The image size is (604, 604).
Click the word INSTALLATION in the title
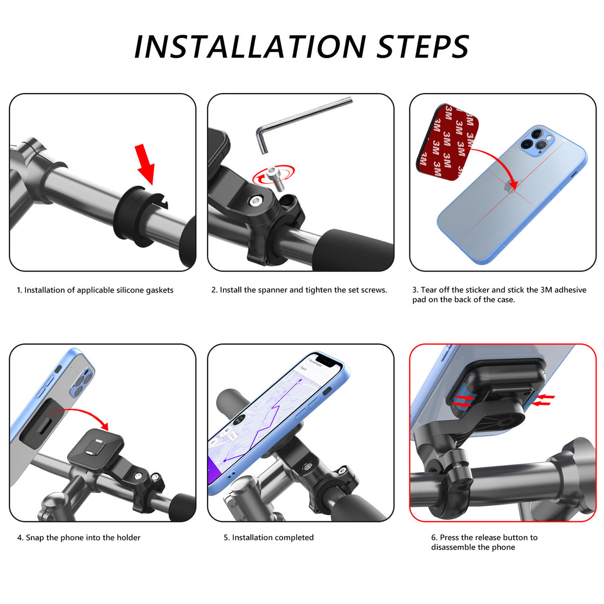click(x=250, y=46)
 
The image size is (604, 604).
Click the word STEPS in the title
click(x=422, y=46)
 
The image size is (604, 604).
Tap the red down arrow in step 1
click(x=146, y=164)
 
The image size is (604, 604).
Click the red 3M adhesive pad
click(x=449, y=142)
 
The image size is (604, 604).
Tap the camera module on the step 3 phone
click(x=536, y=140)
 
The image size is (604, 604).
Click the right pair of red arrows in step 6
click(x=543, y=400)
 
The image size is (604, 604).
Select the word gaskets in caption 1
click(x=160, y=290)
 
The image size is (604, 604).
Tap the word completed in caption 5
click(x=294, y=538)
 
